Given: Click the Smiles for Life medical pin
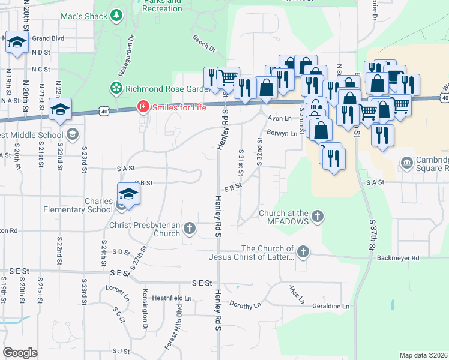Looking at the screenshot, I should point(143,107).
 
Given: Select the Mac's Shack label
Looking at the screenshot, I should point(83,16).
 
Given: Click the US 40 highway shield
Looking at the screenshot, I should point(105,111).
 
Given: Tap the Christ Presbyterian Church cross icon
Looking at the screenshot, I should point(190,227).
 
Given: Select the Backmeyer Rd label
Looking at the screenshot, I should point(399,257).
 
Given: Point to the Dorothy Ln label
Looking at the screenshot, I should point(245,305).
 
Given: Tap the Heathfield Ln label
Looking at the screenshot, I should point(172,298).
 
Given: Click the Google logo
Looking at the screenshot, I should point(20,353).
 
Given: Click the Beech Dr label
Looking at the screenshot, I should point(204,43).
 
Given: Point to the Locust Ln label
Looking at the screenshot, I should point(117,292).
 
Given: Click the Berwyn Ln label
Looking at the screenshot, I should point(282,134).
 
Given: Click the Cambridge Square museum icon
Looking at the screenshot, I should point(407,162).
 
